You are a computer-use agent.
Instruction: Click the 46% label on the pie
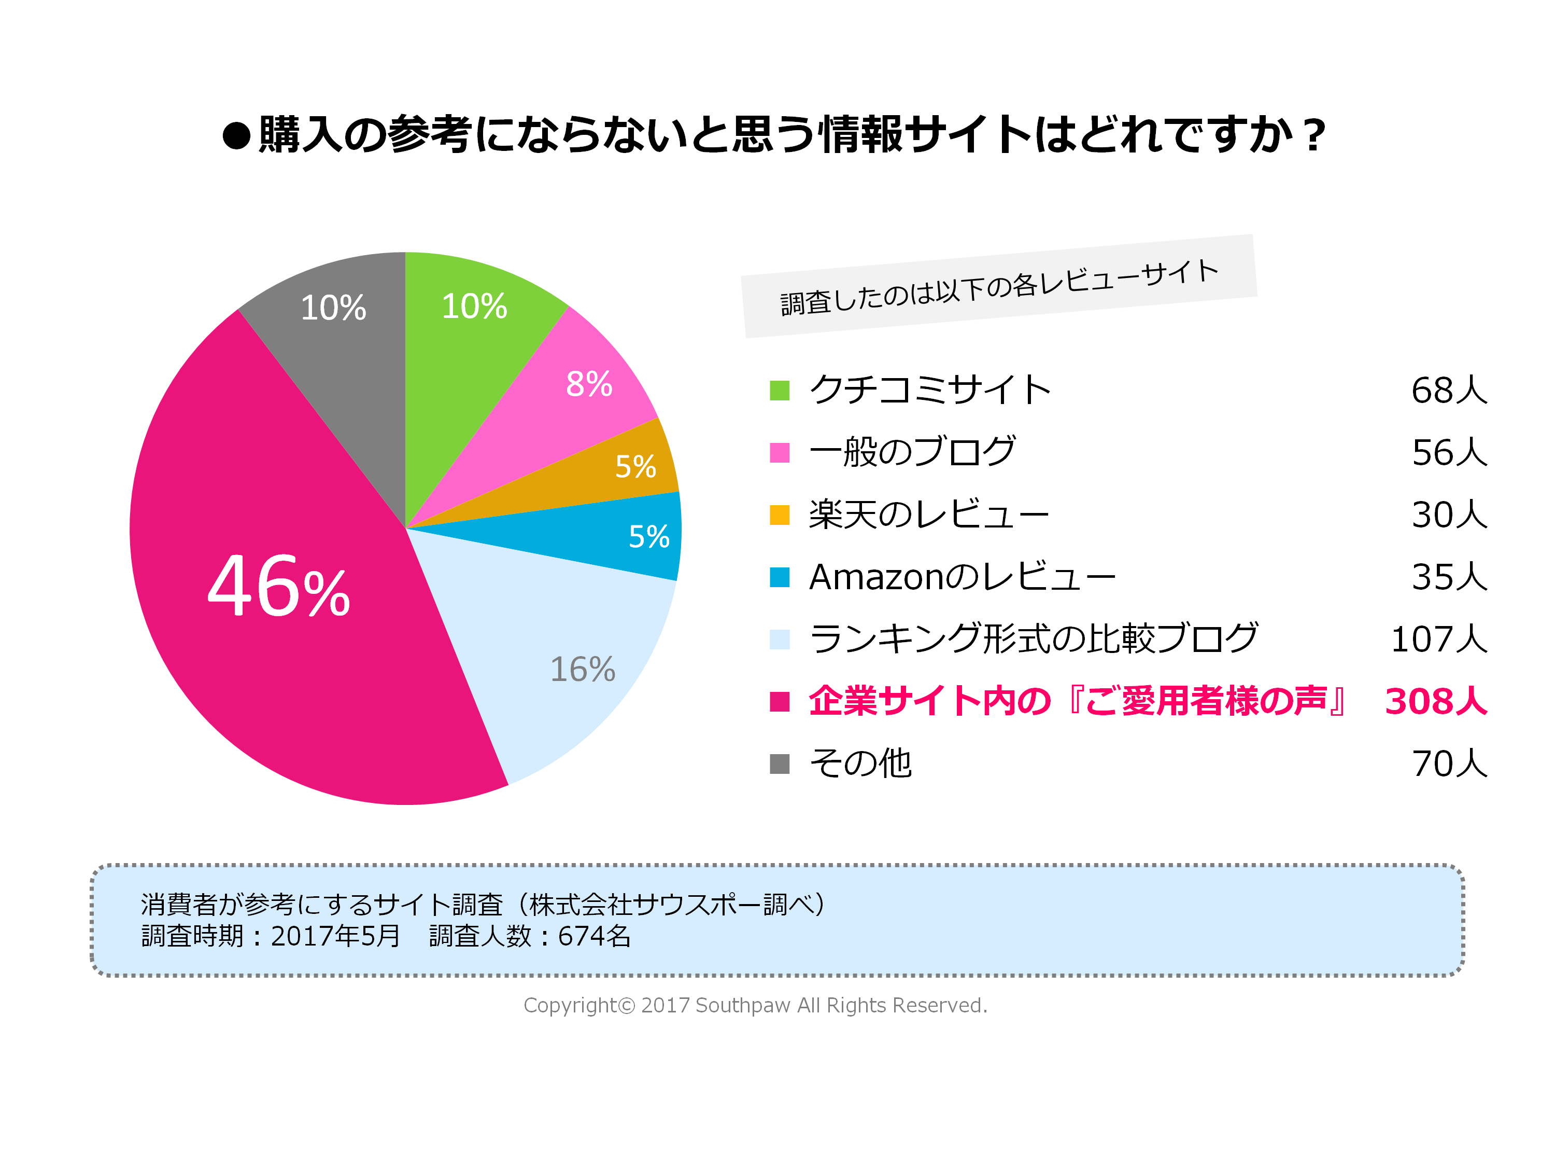click(x=279, y=587)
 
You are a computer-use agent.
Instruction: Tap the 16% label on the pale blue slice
click(x=582, y=669)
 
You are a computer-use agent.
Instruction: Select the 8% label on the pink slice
click(x=589, y=384)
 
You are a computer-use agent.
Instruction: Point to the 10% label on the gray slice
click(x=333, y=308)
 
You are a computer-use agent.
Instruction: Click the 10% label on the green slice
click(x=474, y=306)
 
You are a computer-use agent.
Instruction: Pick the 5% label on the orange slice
click(x=635, y=466)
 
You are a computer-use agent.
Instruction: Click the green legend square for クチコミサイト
click(x=780, y=391)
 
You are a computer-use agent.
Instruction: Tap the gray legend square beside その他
click(x=780, y=763)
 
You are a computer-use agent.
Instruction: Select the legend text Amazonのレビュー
click(x=962, y=577)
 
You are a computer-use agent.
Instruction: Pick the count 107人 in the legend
click(x=1439, y=640)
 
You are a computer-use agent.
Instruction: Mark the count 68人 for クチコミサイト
click(x=1449, y=391)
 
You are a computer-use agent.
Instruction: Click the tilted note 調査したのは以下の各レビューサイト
click(x=999, y=287)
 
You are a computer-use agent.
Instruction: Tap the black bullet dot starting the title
click(x=237, y=136)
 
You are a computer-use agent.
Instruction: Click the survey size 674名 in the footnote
click(x=594, y=936)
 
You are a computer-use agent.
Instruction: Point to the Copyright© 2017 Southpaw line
click(x=756, y=1005)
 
